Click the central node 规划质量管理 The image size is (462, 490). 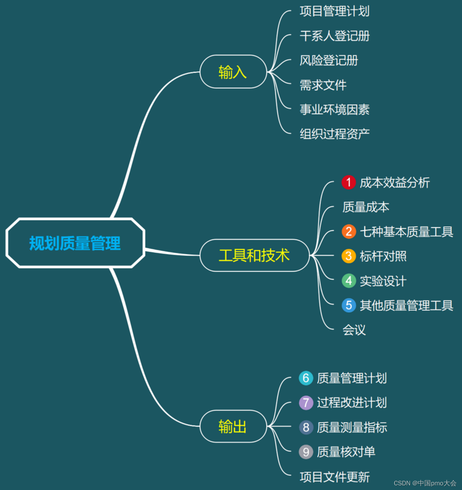point(75,243)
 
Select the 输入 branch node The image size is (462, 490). point(233,72)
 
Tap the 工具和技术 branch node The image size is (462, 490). point(254,256)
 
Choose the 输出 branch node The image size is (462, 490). point(233,427)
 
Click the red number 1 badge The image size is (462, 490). point(349,183)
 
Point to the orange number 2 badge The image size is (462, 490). point(349,231)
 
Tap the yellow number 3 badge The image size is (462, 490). point(349,256)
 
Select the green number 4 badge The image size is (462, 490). point(349,281)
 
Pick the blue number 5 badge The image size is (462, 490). point(349,305)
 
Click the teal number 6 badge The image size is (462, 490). point(306,378)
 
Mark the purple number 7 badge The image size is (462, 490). point(306,403)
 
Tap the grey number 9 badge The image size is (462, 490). point(306,452)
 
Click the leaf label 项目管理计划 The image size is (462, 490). point(334,11)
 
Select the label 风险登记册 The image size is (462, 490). point(329,60)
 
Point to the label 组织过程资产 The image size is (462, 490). point(334,134)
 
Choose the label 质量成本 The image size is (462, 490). point(366,207)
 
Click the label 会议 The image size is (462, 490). point(354,330)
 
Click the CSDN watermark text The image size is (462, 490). point(425,483)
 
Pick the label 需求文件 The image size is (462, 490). point(323,85)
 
